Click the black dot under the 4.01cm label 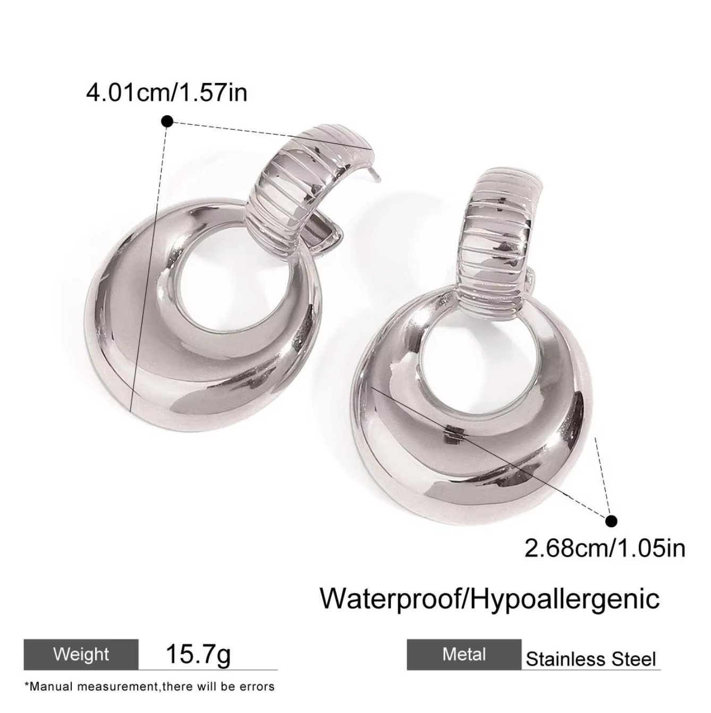[168, 121]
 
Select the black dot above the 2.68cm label [611, 521]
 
